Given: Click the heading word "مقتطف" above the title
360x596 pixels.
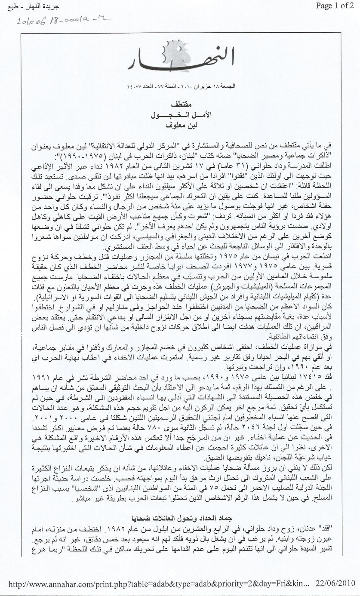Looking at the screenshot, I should click(179, 104).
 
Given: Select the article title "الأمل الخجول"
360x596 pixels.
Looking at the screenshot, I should click(179, 115).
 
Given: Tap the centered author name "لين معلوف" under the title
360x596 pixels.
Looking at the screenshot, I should click(179, 126).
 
